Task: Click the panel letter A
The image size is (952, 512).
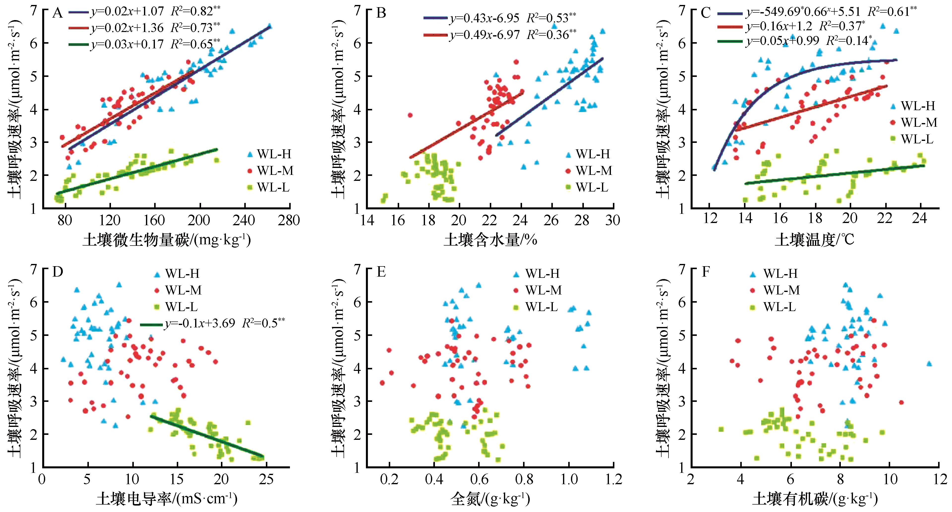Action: point(57,13)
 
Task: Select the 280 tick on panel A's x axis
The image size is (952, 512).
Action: point(289,221)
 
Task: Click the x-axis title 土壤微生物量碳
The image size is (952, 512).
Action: point(167,240)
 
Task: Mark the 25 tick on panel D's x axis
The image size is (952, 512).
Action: point(266,480)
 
